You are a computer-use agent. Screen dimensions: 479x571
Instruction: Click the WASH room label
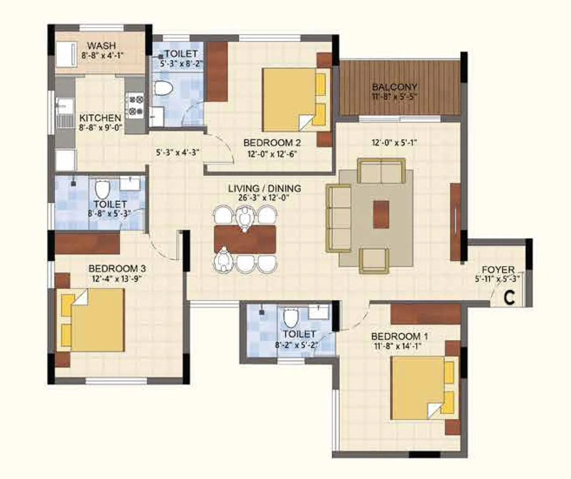click(102, 46)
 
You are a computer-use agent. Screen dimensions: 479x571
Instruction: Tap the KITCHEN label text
click(100, 118)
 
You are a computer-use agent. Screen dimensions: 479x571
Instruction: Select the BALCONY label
click(394, 87)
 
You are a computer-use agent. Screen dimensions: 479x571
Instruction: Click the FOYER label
click(498, 270)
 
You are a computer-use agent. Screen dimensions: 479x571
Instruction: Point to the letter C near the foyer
click(510, 298)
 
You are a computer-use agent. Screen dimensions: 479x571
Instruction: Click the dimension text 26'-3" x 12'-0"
click(264, 198)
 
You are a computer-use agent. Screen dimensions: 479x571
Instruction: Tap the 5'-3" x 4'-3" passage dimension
click(177, 153)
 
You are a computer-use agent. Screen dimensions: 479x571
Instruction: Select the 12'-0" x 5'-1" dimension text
click(394, 143)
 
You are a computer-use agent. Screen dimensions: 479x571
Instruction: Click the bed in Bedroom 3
click(96, 320)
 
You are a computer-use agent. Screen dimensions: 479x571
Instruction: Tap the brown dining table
click(245, 239)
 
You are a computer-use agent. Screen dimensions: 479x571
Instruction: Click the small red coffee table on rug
click(381, 214)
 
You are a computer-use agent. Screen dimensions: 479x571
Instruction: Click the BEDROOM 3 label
click(117, 269)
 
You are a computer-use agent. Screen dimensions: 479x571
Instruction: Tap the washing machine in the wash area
click(67, 54)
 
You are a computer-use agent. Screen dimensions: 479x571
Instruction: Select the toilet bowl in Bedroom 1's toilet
click(290, 318)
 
